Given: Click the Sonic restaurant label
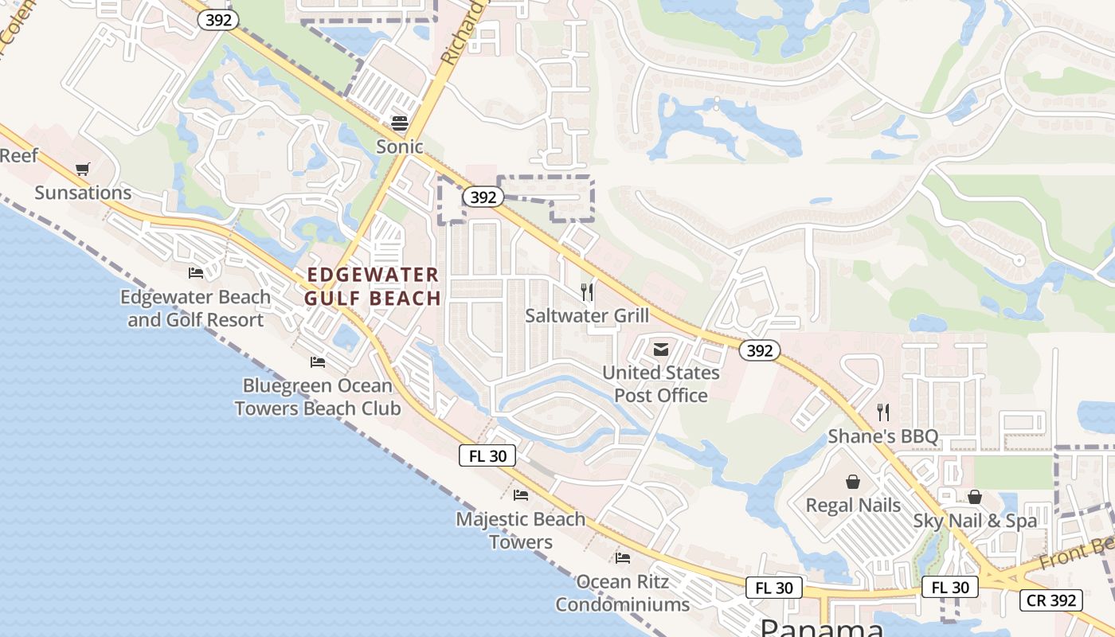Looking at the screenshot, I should click(x=399, y=147).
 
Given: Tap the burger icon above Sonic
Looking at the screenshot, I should click(x=399, y=123).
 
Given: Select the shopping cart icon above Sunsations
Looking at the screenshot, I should click(x=83, y=169).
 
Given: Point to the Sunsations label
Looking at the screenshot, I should click(x=83, y=193).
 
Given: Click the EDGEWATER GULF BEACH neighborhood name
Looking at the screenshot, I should click(x=374, y=287).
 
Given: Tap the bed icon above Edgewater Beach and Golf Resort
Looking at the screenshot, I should click(x=196, y=273).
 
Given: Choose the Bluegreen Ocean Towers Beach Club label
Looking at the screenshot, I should click(x=317, y=397).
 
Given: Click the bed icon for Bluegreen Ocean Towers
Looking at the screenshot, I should click(x=318, y=362).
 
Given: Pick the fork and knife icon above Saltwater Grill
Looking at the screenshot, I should click(x=587, y=292).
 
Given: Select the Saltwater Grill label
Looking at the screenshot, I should click(x=587, y=315).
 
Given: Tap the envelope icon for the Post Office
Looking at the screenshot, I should click(x=661, y=349).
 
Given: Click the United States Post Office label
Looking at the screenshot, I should click(x=661, y=384).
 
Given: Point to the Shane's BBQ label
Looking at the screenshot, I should click(x=883, y=436).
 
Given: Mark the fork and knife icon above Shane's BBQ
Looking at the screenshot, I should click(x=883, y=412).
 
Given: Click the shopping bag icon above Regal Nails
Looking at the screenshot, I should click(x=853, y=482).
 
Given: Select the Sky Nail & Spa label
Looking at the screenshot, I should click(x=975, y=521).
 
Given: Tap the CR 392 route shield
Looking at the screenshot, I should click(x=1052, y=600).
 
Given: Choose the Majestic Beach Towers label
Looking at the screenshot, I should click(x=521, y=530).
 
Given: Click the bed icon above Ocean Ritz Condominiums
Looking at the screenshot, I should click(x=623, y=558).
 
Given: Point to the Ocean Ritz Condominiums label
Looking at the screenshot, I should click(x=623, y=593).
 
